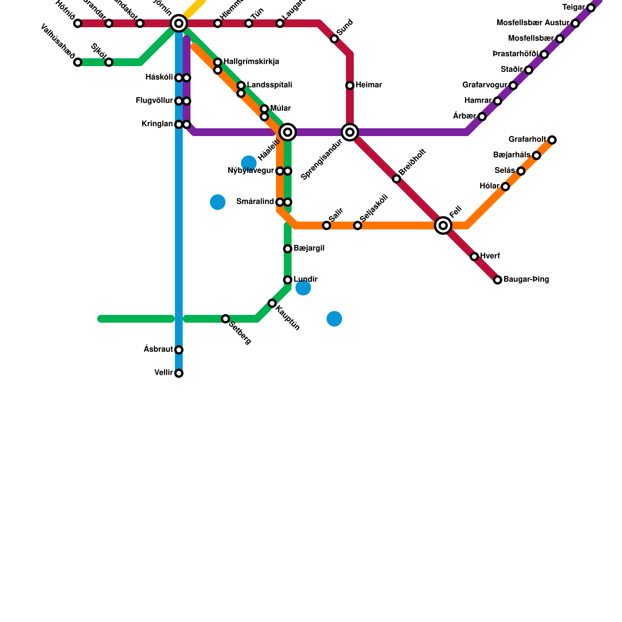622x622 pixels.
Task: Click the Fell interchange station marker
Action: pyautogui.click(x=443, y=225)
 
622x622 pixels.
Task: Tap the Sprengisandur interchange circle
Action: pyautogui.click(x=349, y=132)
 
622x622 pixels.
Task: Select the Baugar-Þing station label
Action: pyautogui.click(x=526, y=280)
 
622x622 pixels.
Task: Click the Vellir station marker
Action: pyautogui.click(x=179, y=373)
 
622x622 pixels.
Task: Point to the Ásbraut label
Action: pyautogui.click(x=158, y=349)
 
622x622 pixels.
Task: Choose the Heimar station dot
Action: pyautogui.click(x=350, y=86)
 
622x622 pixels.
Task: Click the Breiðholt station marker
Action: pyautogui.click(x=397, y=179)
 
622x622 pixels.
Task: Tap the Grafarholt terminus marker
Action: pyautogui.click(x=552, y=140)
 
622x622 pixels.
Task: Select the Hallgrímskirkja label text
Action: pyautogui.click(x=251, y=62)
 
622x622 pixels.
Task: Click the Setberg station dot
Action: pyautogui.click(x=225, y=319)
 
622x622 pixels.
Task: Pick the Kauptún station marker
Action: pyautogui.click(x=272, y=303)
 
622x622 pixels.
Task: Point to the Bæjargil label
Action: pyautogui.click(x=309, y=248)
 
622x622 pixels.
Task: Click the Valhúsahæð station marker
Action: pyautogui.click(x=78, y=62)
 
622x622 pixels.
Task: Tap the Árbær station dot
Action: pyautogui.click(x=482, y=117)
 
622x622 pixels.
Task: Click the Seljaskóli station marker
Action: pyautogui.click(x=358, y=225)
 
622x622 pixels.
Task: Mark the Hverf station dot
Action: pyautogui.click(x=474, y=257)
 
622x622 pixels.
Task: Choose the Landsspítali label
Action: pyautogui.click(x=269, y=85)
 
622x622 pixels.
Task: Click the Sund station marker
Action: pyautogui.click(x=334, y=39)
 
